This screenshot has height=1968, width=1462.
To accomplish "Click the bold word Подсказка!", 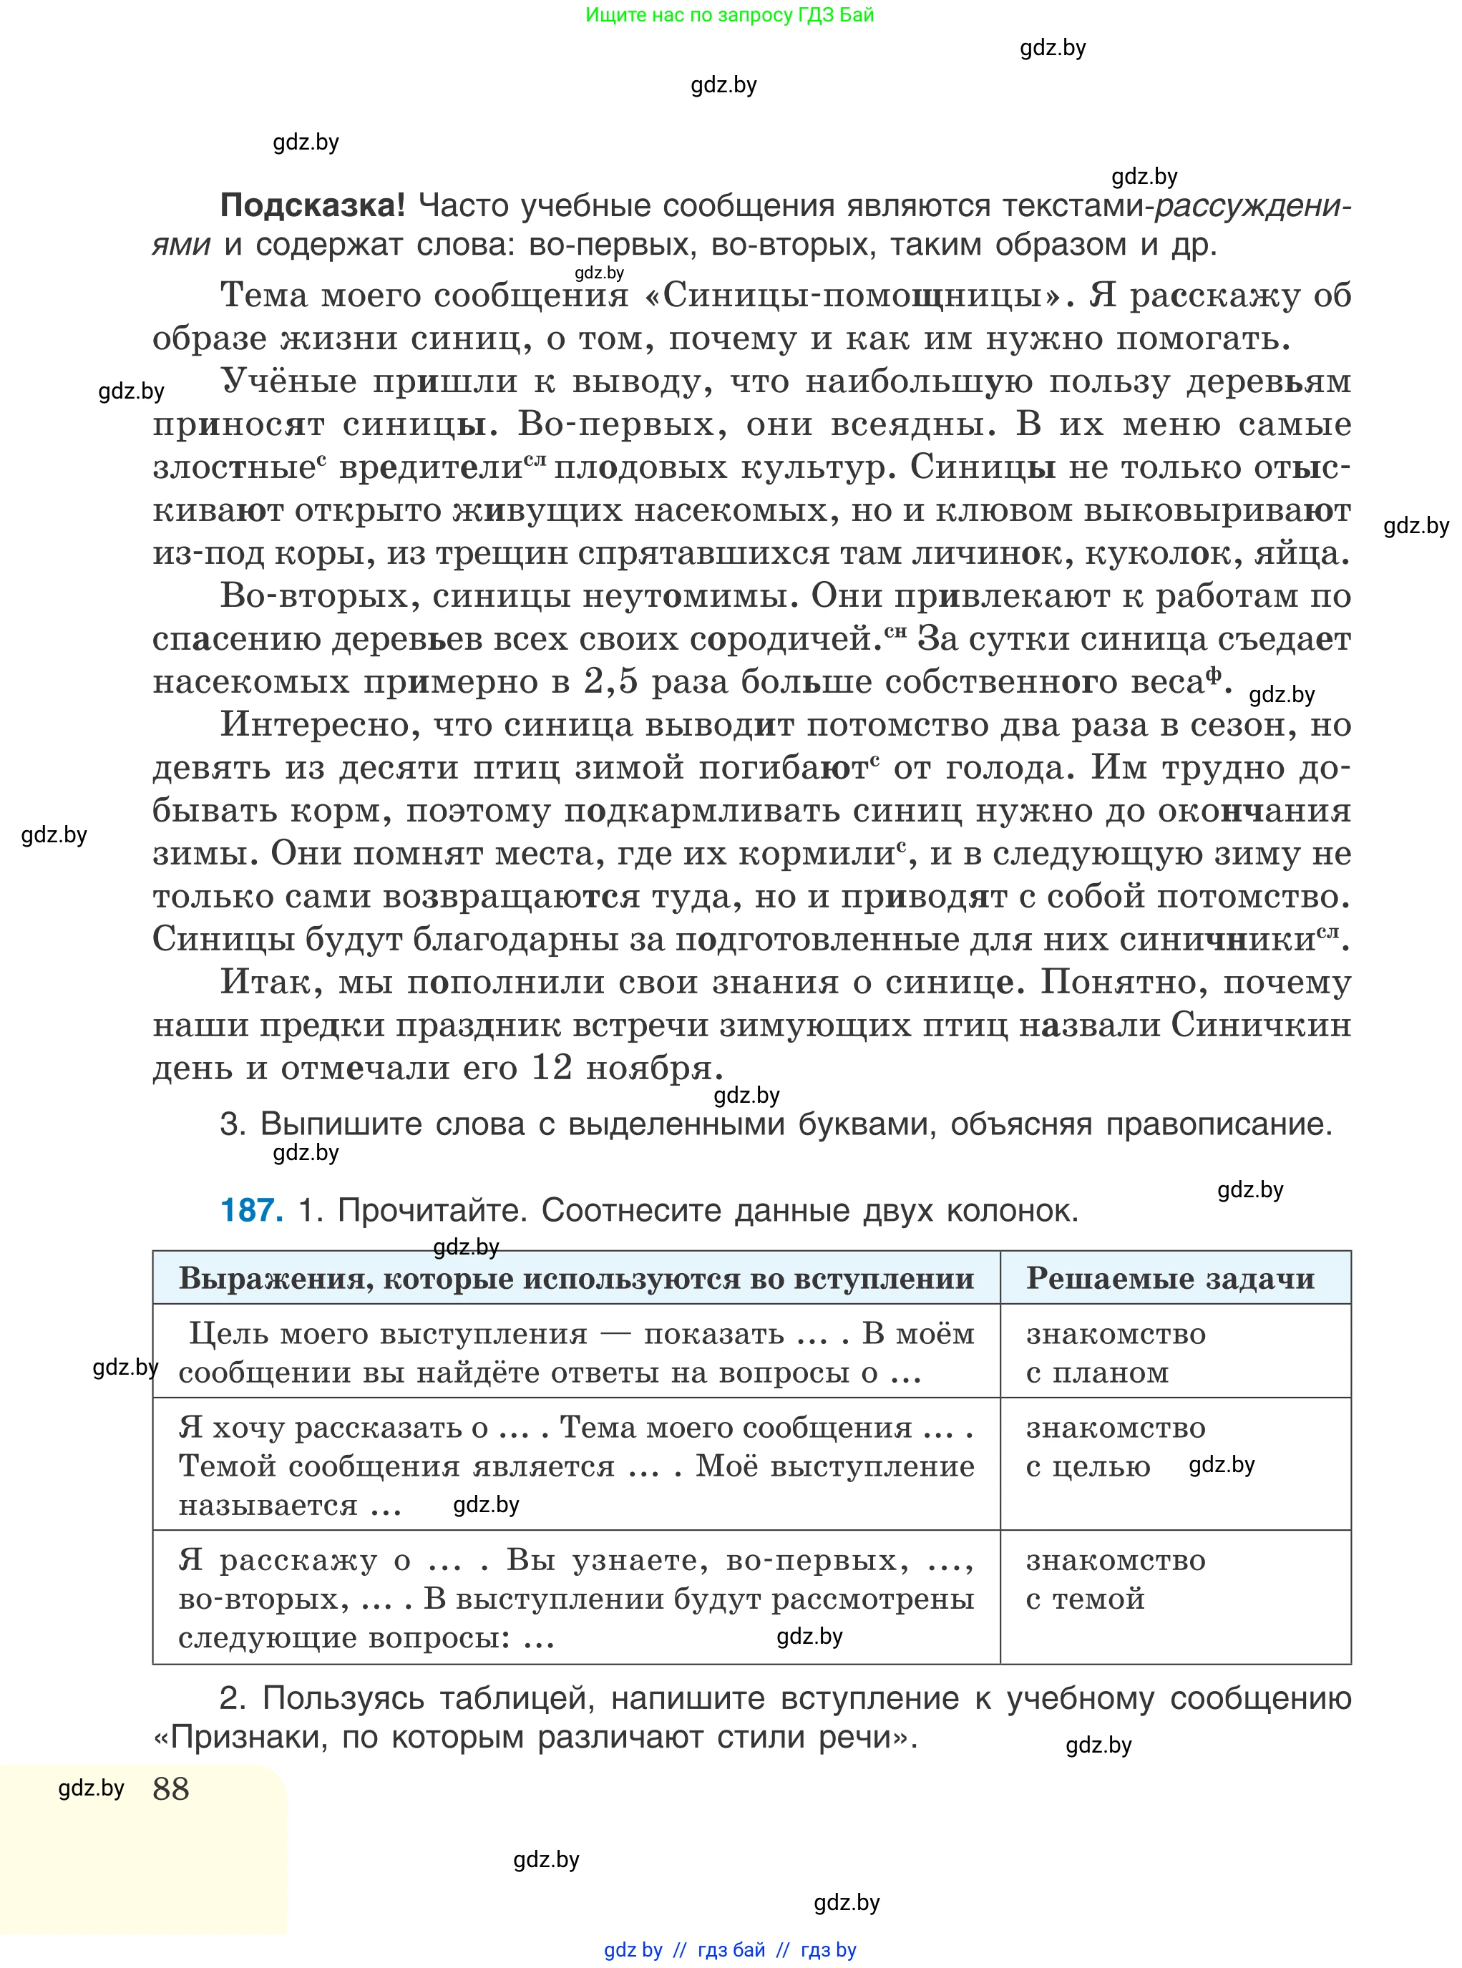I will pos(311,205).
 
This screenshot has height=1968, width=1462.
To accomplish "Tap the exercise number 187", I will pos(251,1209).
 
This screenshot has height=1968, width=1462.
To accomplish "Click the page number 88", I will pos(171,1788).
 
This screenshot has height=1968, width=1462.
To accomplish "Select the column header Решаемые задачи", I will pos(1170,1278).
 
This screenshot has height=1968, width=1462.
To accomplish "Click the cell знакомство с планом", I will pos(1115,1353).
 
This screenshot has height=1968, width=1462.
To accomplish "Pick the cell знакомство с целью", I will pos(1115,1447).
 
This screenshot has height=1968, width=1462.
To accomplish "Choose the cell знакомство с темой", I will pos(1115,1579).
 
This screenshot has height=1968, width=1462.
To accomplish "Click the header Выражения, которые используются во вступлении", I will pos(576,1278).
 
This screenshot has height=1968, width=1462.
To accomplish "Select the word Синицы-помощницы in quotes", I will pos(852,295).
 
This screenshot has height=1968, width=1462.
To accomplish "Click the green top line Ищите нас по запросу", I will pos(729,14).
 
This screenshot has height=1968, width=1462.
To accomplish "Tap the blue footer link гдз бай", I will pos(731,1949).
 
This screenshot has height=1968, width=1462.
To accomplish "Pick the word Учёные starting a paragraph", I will pos(288,381).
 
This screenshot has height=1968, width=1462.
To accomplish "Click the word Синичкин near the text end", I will pos(1261,1025).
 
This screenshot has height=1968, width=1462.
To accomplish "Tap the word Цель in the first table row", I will pos(228,1333).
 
